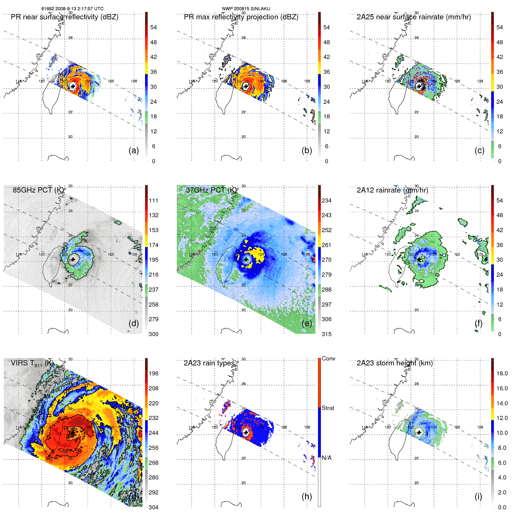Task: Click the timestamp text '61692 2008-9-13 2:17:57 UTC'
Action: pos(72,8)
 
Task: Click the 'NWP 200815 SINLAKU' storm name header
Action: pos(246,8)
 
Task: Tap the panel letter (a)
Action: pos(134,150)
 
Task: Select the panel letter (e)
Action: pos(307,323)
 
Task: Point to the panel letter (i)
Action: pos(478,496)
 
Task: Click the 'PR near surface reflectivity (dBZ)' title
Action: pos(64,17)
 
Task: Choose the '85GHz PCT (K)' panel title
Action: pos(38,190)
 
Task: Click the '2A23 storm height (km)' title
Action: pos(395,363)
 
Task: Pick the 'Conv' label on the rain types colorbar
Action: pos(328,358)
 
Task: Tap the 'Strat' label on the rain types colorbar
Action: pos(328,408)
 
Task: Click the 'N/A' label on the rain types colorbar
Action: pos(326,458)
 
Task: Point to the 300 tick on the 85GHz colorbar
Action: pos(153,334)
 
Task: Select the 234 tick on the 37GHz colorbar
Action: pos(326,200)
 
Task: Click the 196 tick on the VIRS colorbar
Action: pos(153,373)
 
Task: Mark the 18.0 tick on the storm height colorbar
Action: pos(502,373)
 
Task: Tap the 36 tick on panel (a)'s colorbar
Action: pos(153,72)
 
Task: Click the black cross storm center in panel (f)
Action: pos(419,259)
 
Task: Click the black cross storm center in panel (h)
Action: pos(246,432)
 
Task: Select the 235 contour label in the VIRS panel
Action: pos(74,468)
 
